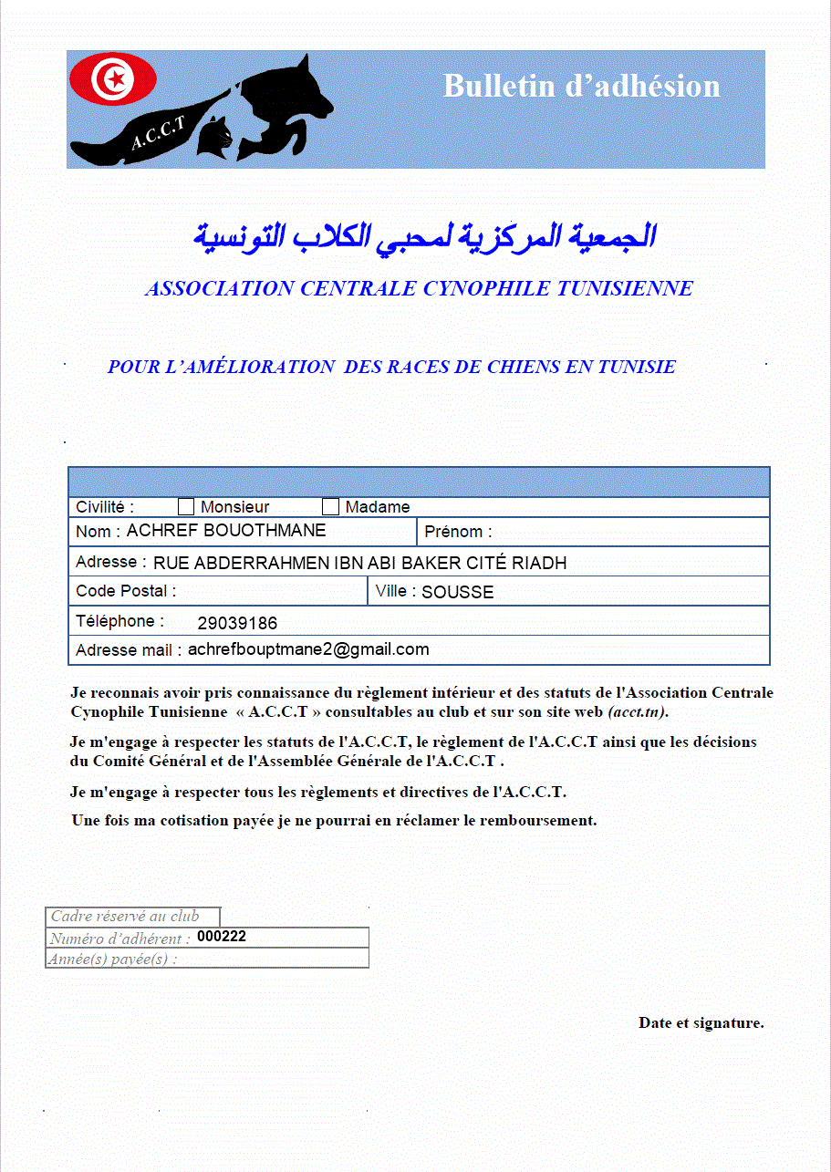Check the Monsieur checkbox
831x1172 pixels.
186,507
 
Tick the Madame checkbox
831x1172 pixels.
330,507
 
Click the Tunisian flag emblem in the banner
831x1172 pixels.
113,79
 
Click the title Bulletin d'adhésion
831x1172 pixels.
581,86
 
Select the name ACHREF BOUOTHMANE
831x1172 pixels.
225,531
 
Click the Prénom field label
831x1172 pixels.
458,532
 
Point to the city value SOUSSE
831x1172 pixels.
457,592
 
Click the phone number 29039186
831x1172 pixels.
237,624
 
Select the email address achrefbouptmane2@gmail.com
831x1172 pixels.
308,649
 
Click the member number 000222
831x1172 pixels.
222,937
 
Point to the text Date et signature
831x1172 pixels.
701,1022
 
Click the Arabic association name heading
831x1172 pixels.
424,237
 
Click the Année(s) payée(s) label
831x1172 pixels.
113,959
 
